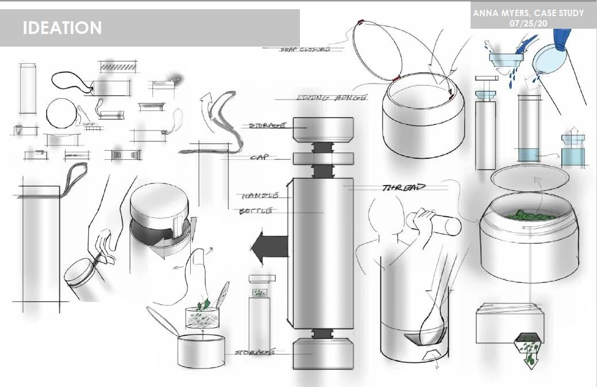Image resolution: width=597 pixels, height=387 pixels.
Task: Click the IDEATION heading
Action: coord(63,28)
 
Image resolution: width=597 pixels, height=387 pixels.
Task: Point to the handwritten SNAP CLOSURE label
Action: coord(305,50)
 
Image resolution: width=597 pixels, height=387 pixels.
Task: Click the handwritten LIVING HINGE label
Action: coord(331,98)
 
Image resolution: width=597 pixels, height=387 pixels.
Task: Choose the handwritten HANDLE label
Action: coord(260,196)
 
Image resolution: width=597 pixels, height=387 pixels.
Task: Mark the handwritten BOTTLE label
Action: coord(256,212)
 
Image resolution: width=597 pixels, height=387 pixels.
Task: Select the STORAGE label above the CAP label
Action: coord(268,125)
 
